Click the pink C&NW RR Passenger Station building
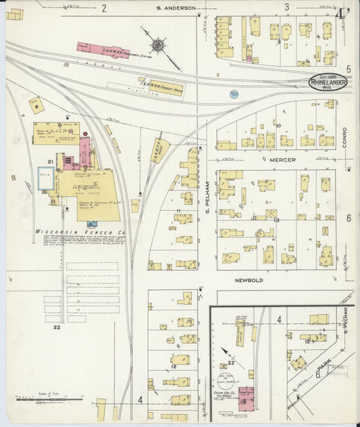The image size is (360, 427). tap(103, 49)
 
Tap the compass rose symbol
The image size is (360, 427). tap(157, 45)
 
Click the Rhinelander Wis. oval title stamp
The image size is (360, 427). tap(328, 82)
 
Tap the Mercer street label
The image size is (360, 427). tap(283, 161)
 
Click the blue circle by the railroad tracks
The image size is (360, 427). tap(234, 94)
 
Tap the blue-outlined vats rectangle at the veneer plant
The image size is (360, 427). tap(46, 177)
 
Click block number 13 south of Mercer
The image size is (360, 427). tap(276, 220)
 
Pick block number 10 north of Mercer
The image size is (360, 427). tap(278, 125)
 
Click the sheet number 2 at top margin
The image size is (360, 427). tap(104, 8)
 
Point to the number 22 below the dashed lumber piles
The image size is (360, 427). tap(57, 328)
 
